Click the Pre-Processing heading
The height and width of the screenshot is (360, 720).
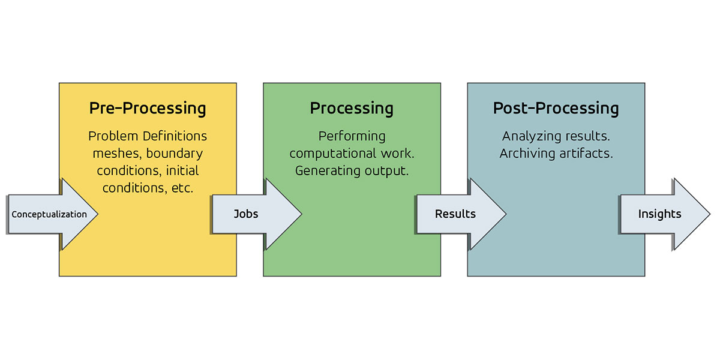[x=148, y=109]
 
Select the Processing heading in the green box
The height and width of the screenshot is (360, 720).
[x=352, y=109]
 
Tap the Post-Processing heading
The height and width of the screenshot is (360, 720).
[x=556, y=109]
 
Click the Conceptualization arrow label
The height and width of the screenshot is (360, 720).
[x=49, y=214]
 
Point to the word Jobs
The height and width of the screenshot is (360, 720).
[x=246, y=214]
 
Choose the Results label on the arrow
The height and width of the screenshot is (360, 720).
[x=455, y=214]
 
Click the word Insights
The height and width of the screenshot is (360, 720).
[x=659, y=214]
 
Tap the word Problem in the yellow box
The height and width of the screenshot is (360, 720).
[x=113, y=136]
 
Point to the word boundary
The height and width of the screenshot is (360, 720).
[x=175, y=154]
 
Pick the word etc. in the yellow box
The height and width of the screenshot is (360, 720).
[x=182, y=188]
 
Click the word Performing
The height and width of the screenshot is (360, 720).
[x=352, y=136]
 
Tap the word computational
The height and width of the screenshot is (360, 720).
[x=332, y=154]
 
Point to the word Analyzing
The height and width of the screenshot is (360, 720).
[x=532, y=136]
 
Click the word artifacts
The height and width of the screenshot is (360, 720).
[x=586, y=154]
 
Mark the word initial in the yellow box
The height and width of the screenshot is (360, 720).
[x=182, y=170]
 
